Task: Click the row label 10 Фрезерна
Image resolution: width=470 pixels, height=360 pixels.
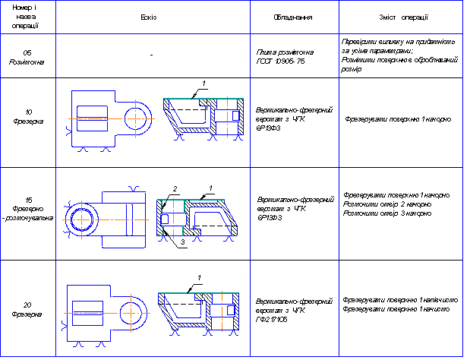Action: (26, 119)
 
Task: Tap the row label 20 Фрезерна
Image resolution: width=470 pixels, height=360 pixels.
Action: (26, 308)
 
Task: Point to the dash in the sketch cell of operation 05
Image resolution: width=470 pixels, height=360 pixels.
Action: (152, 55)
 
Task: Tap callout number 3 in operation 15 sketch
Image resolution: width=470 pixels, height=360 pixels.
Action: (182, 242)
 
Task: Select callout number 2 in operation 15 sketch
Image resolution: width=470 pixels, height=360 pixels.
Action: (174, 188)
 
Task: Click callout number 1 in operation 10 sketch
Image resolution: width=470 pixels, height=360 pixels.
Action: (203, 82)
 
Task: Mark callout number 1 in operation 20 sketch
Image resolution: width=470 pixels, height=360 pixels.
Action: (199, 277)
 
